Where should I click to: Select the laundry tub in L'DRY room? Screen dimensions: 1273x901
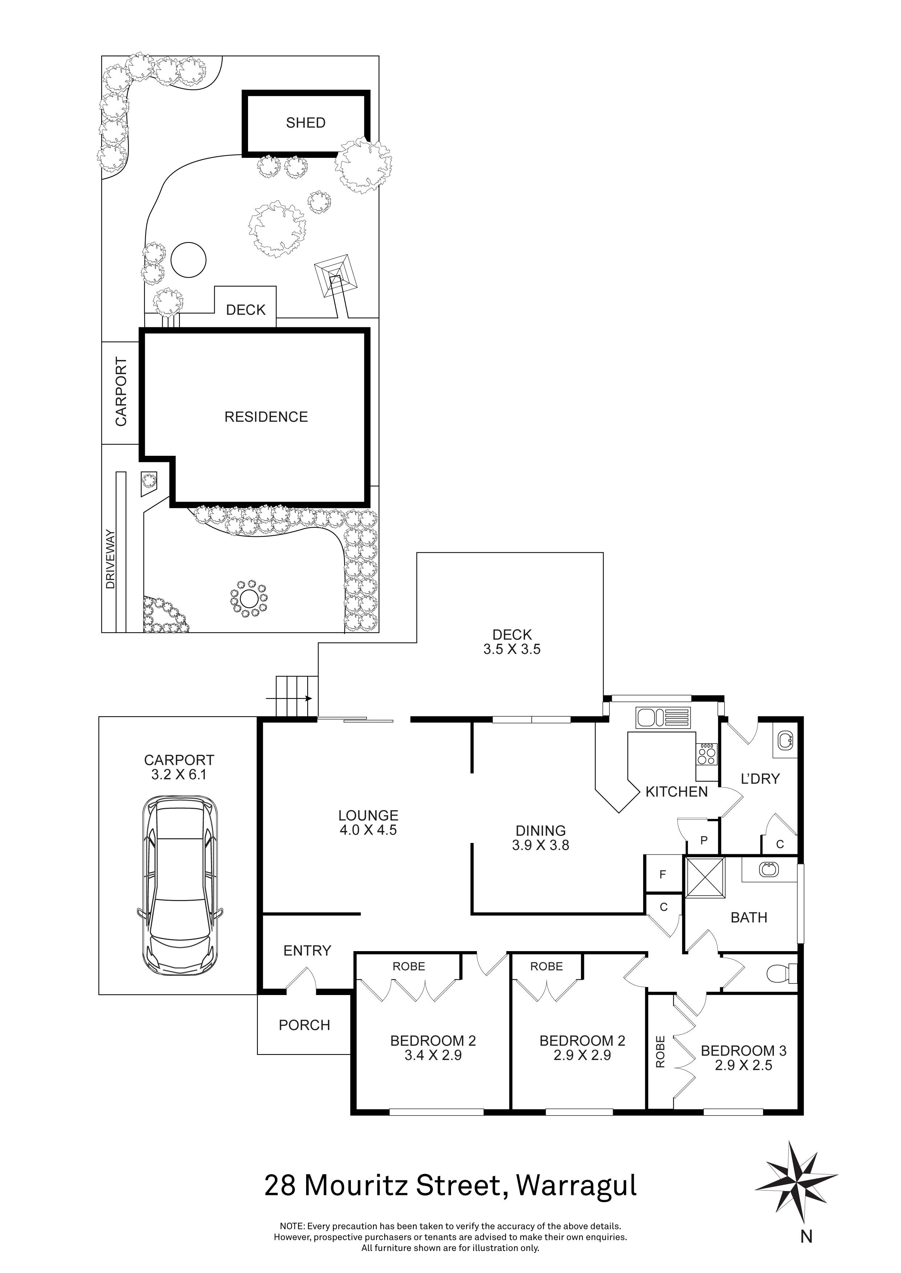point(785,739)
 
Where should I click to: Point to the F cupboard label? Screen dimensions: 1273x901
point(662,875)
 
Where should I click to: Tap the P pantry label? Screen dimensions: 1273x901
point(704,840)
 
